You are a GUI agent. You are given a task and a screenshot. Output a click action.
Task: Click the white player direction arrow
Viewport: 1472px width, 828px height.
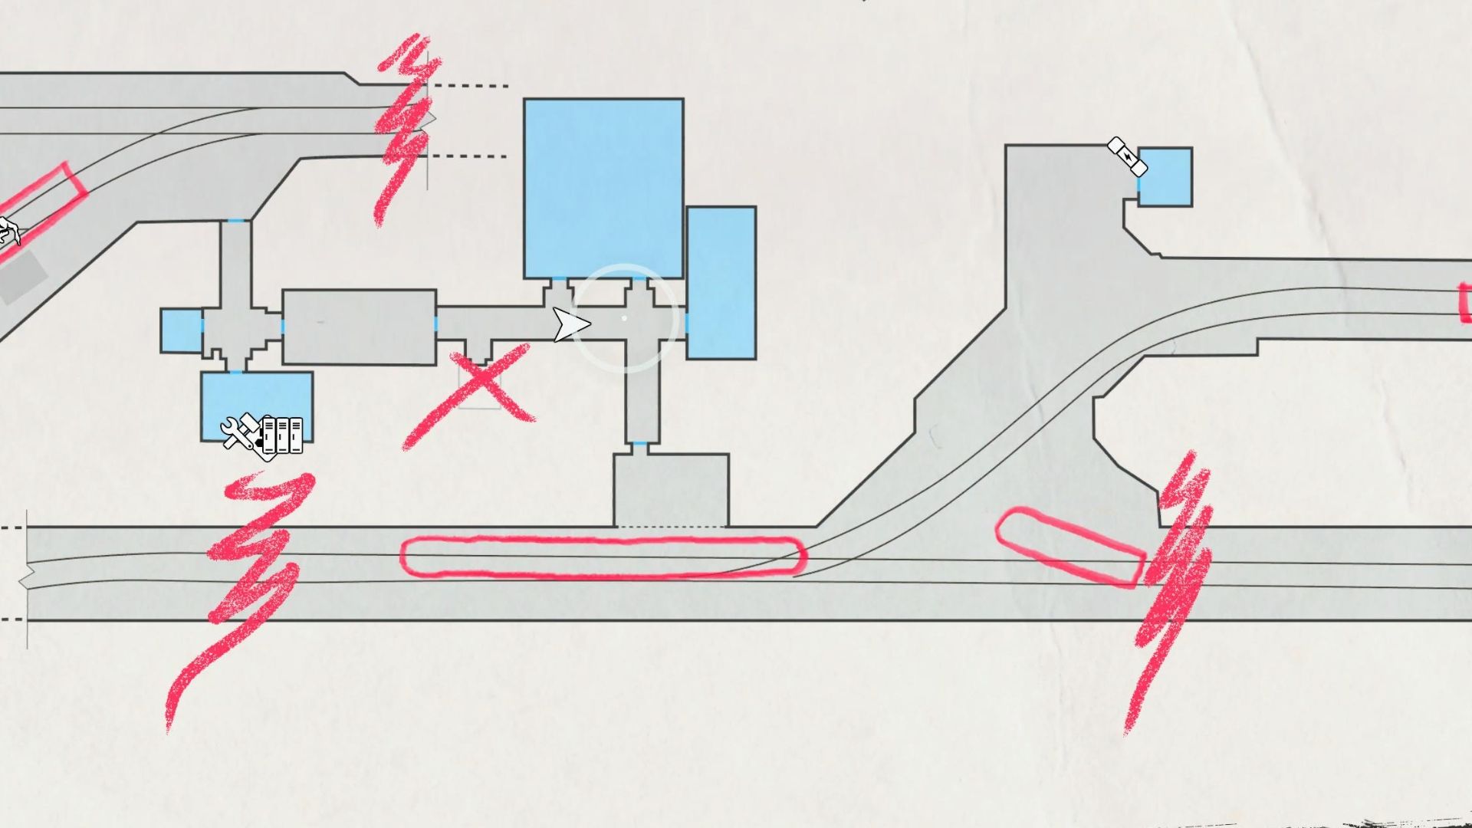click(x=570, y=325)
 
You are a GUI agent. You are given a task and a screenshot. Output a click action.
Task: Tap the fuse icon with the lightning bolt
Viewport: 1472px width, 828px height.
click(x=1128, y=157)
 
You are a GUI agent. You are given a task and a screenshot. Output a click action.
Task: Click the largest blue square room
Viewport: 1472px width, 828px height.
click(x=603, y=188)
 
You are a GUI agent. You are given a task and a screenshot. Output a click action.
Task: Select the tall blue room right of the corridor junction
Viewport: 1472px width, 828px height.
click(x=721, y=282)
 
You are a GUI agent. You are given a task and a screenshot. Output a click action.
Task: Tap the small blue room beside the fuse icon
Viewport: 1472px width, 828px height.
click(x=1165, y=177)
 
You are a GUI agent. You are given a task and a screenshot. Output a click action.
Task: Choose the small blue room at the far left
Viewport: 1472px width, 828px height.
click(x=181, y=330)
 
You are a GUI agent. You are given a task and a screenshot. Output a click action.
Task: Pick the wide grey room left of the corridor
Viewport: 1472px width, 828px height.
click(x=359, y=327)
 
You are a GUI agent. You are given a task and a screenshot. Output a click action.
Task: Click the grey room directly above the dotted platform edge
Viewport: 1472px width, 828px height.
click(x=671, y=489)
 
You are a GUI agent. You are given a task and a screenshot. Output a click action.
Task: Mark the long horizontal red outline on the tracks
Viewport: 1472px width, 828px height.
click(x=603, y=557)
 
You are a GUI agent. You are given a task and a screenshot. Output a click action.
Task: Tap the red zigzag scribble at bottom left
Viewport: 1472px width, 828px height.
click(x=245, y=583)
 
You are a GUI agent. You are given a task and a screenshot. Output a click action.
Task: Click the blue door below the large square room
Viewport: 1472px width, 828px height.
click(x=558, y=280)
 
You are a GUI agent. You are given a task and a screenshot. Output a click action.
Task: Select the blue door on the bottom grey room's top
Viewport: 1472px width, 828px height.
click(x=638, y=444)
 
